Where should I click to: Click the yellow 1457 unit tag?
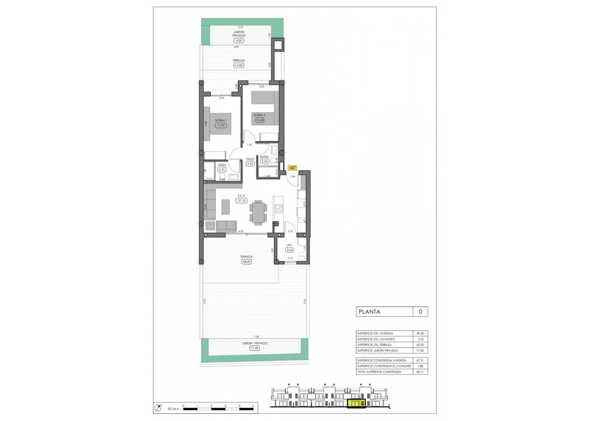point(292,168)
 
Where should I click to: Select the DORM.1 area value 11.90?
point(221,125)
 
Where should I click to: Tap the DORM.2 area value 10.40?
point(260,120)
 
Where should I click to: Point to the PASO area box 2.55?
point(250,164)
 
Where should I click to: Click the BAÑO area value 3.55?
point(265,162)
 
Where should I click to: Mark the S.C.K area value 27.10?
point(240,200)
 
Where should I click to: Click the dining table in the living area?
point(258,212)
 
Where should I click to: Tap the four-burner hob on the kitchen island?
point(279,210)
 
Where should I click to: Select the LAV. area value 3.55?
point(289,250)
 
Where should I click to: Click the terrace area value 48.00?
point(247,262)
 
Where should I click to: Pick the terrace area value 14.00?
point(238,65)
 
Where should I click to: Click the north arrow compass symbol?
point(158,408)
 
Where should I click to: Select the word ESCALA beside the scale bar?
point(174,408)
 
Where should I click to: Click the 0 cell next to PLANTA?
point(420,312)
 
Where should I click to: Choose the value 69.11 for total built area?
point(420,372)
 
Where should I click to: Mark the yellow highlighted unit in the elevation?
point(356,403)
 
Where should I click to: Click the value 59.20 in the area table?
point(420,333)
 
